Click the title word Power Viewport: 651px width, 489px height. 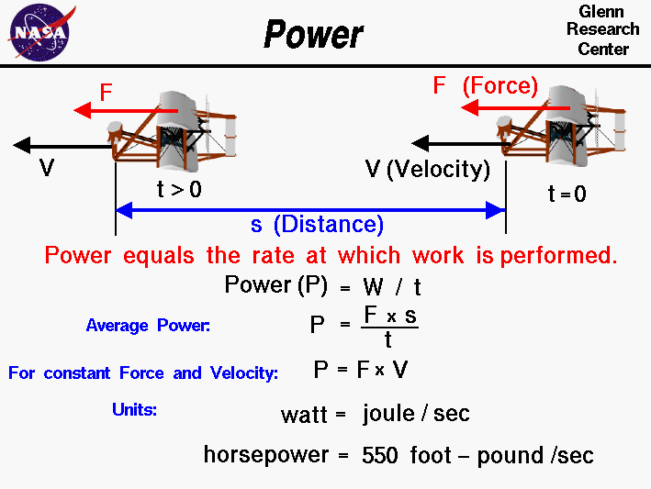pyautogui.click(x=313, y=36)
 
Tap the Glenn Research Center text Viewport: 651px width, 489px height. pyautogui.click(x=601, y=29)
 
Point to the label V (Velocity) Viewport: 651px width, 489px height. pyautogui.click(x=427, y=169)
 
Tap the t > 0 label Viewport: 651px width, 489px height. pyautogui.click(x=179, y=190)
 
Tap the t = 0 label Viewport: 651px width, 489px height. pyautogui.click(x=567, y=194)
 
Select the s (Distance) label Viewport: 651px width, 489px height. pyautogui.click(x=317, y=225)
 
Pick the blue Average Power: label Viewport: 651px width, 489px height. pyautogui.click(x=148, y=325)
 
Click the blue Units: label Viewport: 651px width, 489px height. pyautogui.click(x=134, y=410)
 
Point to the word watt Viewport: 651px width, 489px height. pyautogui.click(x=304, y=415)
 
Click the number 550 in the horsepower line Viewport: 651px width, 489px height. pyautogui.click(x=380, y=455)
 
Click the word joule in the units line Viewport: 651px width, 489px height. pyautogui.click(x=388, y=414)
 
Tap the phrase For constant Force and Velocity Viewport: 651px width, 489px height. pyautogui.click(x=142, y=372)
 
